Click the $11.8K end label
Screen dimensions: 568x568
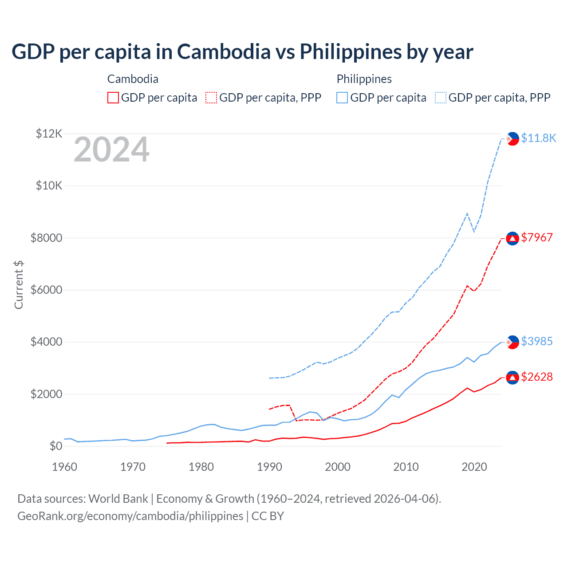point(538,138)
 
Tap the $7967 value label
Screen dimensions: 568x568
point(537,237)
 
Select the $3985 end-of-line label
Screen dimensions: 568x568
point(537,341)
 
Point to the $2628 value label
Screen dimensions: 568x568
point(537,377)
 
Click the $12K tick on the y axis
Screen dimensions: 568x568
point(49,134)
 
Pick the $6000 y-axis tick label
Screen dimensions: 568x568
point(46,290)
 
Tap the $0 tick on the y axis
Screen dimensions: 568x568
point(56,446)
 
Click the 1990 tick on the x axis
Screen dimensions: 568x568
point(269,467)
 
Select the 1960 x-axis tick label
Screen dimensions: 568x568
point(65,467)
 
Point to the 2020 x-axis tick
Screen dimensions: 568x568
point(474,467)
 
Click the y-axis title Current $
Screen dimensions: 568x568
point(19,284)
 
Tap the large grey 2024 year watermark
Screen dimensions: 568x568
point(111,150)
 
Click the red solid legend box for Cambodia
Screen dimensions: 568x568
point(113,98)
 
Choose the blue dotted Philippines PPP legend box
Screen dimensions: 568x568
point(441,98)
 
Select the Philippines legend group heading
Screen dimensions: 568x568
point(364,79)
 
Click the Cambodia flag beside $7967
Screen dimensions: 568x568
point(513,238)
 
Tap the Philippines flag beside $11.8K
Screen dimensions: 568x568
point(513,139)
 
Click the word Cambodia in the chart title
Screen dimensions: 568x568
point(224,51)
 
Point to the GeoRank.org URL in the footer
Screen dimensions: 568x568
point(130,516)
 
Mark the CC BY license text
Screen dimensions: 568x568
point(268,516)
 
